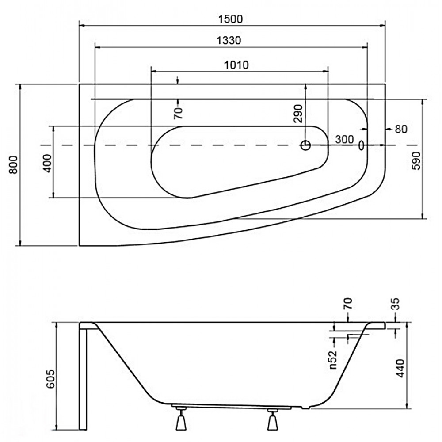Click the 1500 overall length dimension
coord(230,19)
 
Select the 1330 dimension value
coord(229,41)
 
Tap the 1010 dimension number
coord(236,65)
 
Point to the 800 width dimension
coord(14,165)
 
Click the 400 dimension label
coord(47,164)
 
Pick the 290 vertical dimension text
coord(297,114)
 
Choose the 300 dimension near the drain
coord(344,139)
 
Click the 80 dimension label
coord(401,129)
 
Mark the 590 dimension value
coord(416,161)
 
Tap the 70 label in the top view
coord(179,113)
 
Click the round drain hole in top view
coord(305,145)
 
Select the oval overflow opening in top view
coord(361,145)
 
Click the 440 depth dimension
coord(400,368)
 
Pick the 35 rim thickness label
coord(396,304)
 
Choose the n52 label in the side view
coord(333,359)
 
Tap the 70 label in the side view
coord(348,304)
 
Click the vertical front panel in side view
coord(83,379)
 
